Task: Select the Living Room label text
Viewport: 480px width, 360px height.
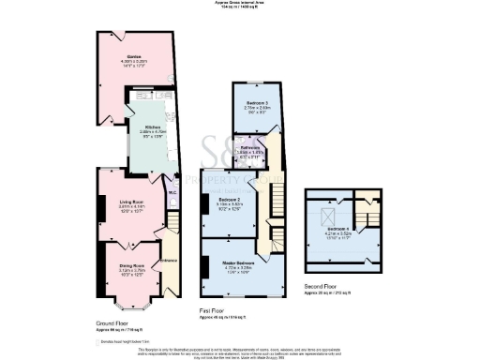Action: click(129, 202)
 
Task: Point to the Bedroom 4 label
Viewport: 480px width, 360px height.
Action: click(338, 228)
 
